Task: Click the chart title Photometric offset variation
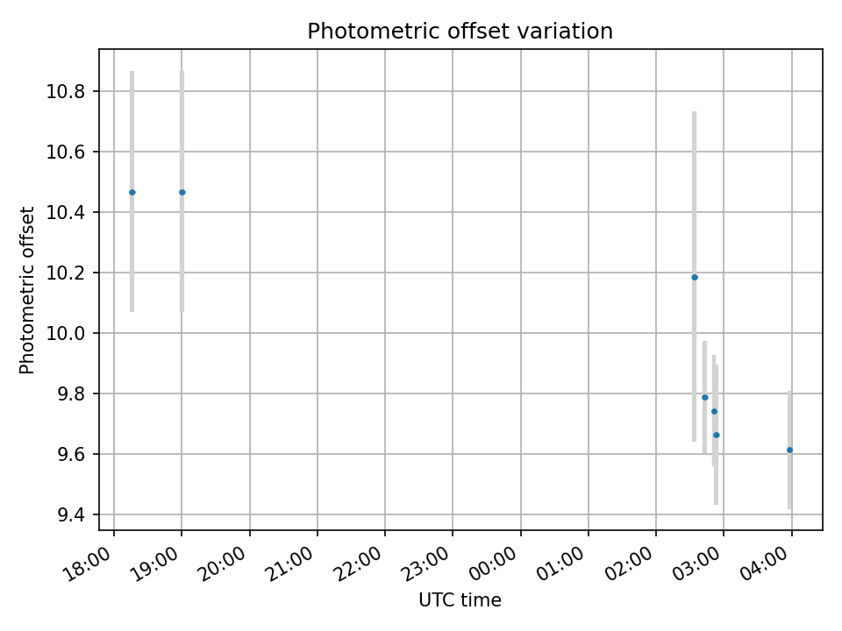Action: [460, 32]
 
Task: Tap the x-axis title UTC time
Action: [460, 600]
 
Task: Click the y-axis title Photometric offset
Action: [27, 290]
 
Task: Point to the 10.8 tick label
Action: [71, 92]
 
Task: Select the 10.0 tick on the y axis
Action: [71, 333]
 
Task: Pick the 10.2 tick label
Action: [71, 273]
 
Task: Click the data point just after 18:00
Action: [132, 192]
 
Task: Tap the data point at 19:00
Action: [182, 192]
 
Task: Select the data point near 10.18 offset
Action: [695, 277]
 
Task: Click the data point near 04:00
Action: [789, 450]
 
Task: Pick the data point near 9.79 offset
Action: [704, 397]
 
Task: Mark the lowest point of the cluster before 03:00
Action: [717, 435]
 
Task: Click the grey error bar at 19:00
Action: [182, 131]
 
